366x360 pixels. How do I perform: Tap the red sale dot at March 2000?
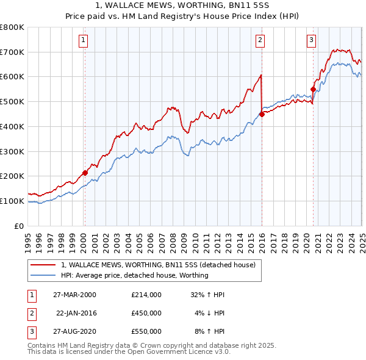click(x=85, y=173)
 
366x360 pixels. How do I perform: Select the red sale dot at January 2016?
click(x=262, y=113)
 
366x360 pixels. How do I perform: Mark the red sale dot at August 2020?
click(x=313, y=89)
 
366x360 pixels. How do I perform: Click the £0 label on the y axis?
click(x=20, y=226)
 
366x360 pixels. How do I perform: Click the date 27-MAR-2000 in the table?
click(x=74, y=294)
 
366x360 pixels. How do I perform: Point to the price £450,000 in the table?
click(x=146, y=313)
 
